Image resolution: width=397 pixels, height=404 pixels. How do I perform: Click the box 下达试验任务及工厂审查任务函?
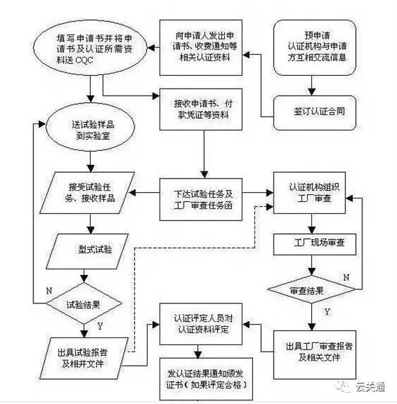click(x=204, y=192)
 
